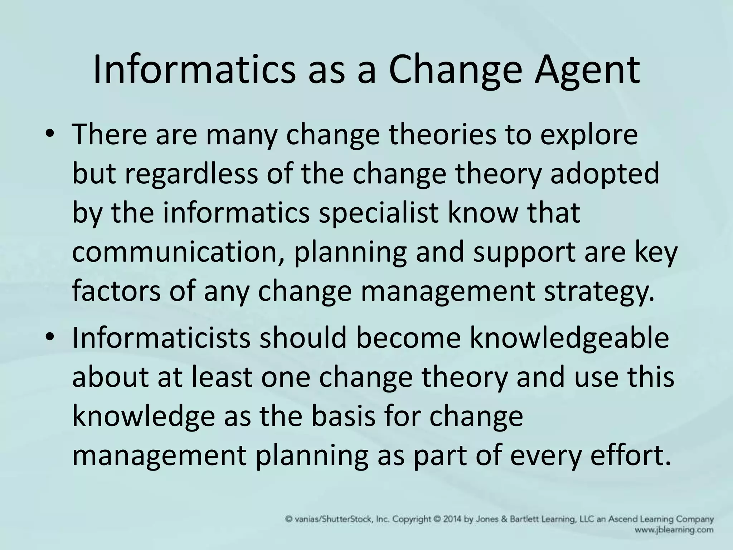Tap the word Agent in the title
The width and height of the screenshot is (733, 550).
[587, 71]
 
